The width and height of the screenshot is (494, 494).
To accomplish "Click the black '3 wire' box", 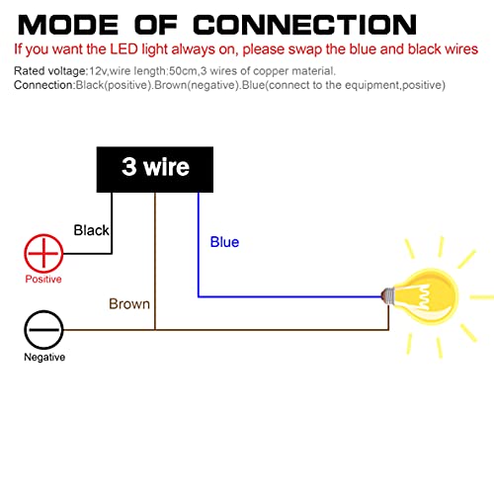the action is pyautogui.click(x=155, y=169).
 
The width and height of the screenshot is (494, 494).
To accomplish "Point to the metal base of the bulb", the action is pyautogui.click(x=387, y=295).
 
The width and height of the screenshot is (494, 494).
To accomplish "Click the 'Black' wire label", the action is pyautogui.click(x=91, y=230).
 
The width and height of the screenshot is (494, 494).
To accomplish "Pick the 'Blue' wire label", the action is pyautogui.click(x=224, y=242).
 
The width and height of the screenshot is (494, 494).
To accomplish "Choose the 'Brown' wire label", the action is pyautogui.click(x=129, y=303).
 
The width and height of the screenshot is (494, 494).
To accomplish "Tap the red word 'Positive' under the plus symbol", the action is pyautogui.click(x=43, y=279).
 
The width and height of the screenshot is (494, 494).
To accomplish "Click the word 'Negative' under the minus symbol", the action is pyautogui.click(x=44, y=357).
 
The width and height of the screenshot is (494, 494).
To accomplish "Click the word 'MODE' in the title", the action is pyautogui.click(x=68, y=25).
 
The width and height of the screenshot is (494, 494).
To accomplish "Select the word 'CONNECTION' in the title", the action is pyautogui.click(x=304, y=25).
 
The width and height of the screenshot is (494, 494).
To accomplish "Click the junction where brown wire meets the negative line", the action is pyautogui.click(x=155, y=329).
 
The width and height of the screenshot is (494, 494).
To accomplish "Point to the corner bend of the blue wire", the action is pyautogui.click(x=199, y=296).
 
